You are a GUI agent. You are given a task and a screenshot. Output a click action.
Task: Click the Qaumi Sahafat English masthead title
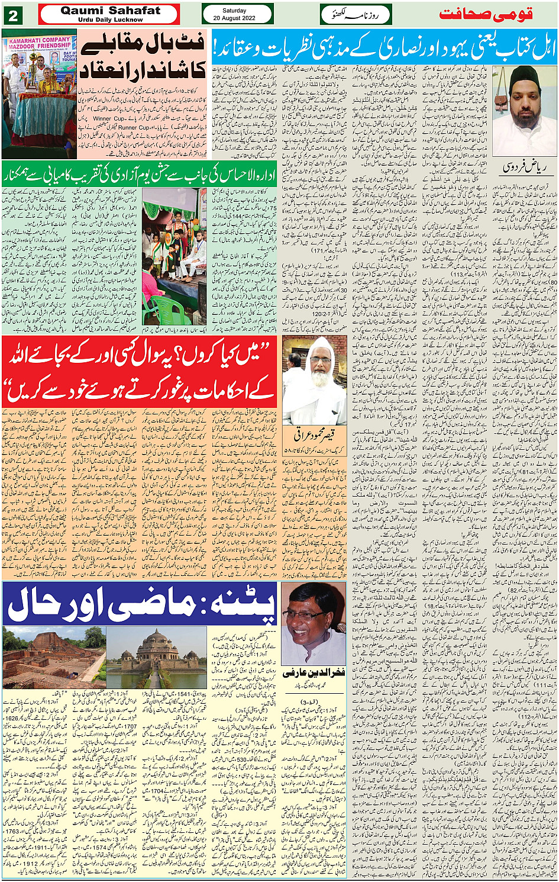click(110, 11)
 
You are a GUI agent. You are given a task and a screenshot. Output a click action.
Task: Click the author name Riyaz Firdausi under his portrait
click(525, 168)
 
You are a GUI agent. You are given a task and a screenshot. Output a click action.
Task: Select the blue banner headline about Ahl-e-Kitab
click(384, 46)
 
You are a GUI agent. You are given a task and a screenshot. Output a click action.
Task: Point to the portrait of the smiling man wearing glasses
click(313, 624)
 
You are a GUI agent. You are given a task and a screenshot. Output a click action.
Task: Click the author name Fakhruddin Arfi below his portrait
click(313, 674)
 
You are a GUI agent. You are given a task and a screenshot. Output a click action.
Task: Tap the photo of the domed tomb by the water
click(153, 658)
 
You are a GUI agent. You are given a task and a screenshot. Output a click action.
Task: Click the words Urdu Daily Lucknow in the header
click(110, 20)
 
